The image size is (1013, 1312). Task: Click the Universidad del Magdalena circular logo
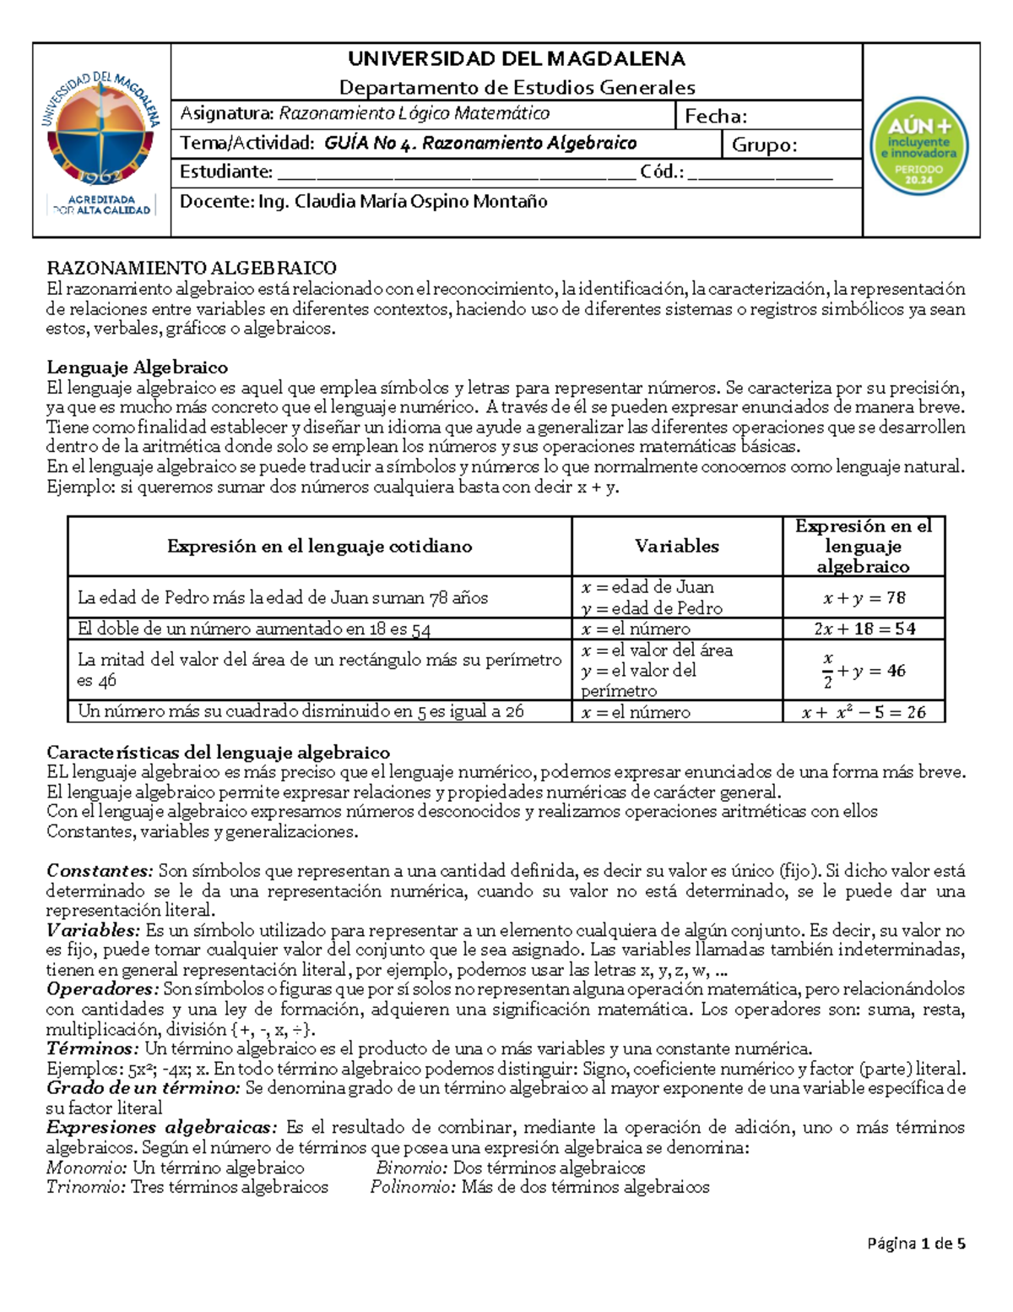click(101, 131)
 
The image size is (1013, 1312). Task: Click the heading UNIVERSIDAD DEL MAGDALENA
click(517, 59)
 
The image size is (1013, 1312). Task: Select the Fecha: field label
click(715, 117)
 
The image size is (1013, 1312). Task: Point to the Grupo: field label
click(764, 144)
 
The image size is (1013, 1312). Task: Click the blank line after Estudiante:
click(456, 173)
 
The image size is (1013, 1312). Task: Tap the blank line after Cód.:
click(760, 173)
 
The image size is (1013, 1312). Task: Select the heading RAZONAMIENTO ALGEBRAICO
click(192, 269)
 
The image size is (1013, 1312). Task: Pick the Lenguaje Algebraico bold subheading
click(137, 367)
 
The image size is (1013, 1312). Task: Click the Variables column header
click(676, 547)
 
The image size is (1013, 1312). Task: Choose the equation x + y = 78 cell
click(864, 598)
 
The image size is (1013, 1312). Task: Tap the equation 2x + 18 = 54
click(864, 629)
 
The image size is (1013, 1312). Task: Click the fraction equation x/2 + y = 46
click(863, 671)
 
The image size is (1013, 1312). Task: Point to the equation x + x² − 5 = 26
click(864, 712)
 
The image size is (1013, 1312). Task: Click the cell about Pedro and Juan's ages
click(283, 598)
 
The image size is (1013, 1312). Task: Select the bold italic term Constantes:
click(100, 871)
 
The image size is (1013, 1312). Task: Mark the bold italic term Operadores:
click(102, 989)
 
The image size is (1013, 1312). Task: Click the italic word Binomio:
click(412, 1168)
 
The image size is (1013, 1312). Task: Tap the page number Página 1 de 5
click(916, 1244)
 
